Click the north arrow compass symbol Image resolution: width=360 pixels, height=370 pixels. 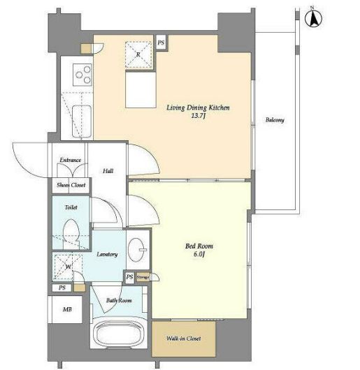pyautogui.click(x=313, y=18)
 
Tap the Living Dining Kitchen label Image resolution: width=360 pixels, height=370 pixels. pyautogui.click(x=198, y=108)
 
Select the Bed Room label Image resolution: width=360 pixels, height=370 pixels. pyautogui.click(x=199, y=246)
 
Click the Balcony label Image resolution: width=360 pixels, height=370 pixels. pyautogui.click(x=275, y=120)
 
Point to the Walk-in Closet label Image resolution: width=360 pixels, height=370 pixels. pyautogui.click(x=184, y=339)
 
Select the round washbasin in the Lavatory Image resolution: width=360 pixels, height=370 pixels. pyautogui.click(x=137, y=250)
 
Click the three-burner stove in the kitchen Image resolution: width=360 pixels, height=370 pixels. pyautogui.click(x=82, y=75)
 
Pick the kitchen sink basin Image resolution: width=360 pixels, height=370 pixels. pyautogui.click(x=82, y=121)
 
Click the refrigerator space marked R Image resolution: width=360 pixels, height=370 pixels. pyautogui.click(x=138, y=54)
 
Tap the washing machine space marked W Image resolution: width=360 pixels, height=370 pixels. pyautogui.click(x=68, y=267)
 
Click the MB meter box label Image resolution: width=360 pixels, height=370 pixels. pyautogui.click(x=67, y=309)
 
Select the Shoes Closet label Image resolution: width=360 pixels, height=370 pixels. pyautogui.click(x=71, y=185)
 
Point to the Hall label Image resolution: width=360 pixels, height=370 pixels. pyautogui.click(x=108, y=171)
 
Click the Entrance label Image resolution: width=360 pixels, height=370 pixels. pyautogui.click(x=70, y=160)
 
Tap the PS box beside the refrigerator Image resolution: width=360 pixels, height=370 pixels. pyautogui.click(x=161, y=43)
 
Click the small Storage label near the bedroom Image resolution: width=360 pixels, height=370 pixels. pyautogui.click(x=143, y=276)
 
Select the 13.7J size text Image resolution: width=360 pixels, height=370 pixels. pyautogui.click(x=199, y=116)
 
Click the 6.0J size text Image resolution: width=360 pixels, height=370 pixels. pyautogui.click(x=199, y=254)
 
